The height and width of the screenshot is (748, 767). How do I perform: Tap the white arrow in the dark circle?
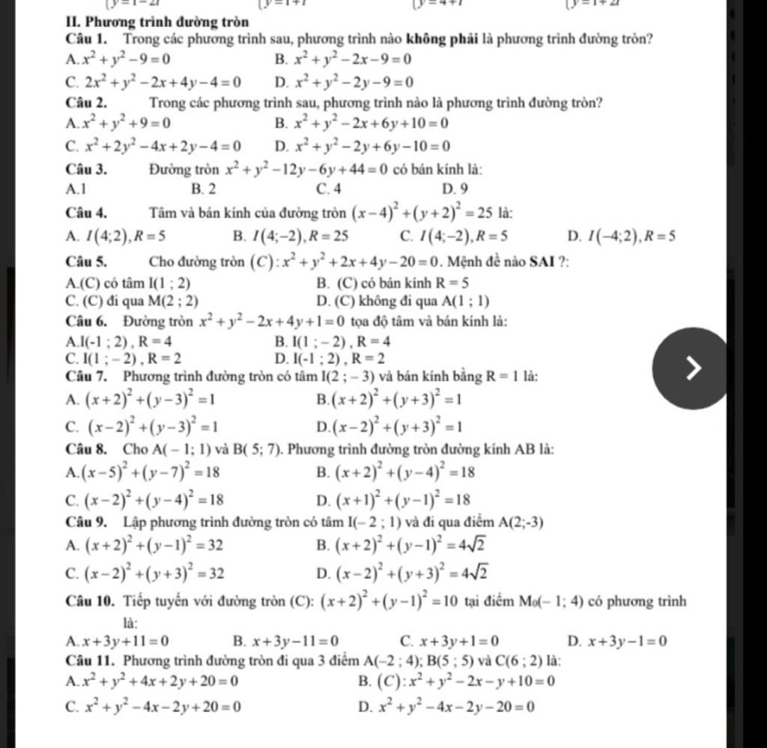(694, 368)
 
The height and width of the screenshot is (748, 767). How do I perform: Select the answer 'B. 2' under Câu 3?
(204, 190)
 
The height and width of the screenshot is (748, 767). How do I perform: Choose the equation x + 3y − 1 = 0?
(626, 640)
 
